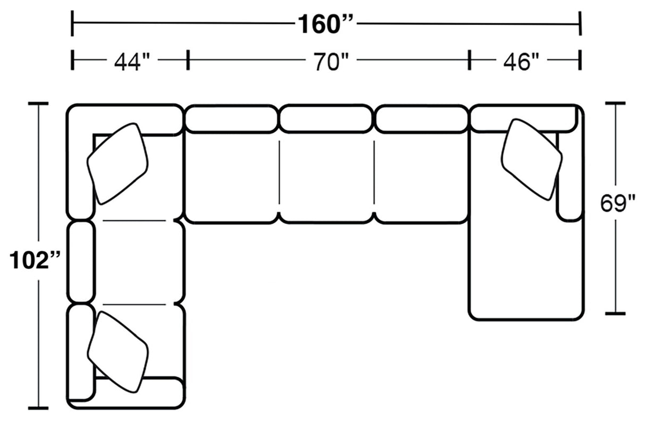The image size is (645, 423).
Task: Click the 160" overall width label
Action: pyautogui.click(x=325, y=24)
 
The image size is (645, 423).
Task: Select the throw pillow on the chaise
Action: pyautogui.click(x=531, y=159)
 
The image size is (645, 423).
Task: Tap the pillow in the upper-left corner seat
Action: pyautogui.click(x=117, y=163)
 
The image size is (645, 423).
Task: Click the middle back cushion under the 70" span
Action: pyautogui.click(x=326, y=119)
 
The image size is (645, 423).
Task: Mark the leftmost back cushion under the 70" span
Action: pyautogui.click(x=231, y=119)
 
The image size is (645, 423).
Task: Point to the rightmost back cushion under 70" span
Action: pyautogui.click(x=422, y=119)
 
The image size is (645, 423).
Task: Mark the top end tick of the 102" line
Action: pyautogui.click(x=38, y=104)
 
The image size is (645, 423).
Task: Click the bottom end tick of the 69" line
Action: pyautogui.click(x=616, y=314)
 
